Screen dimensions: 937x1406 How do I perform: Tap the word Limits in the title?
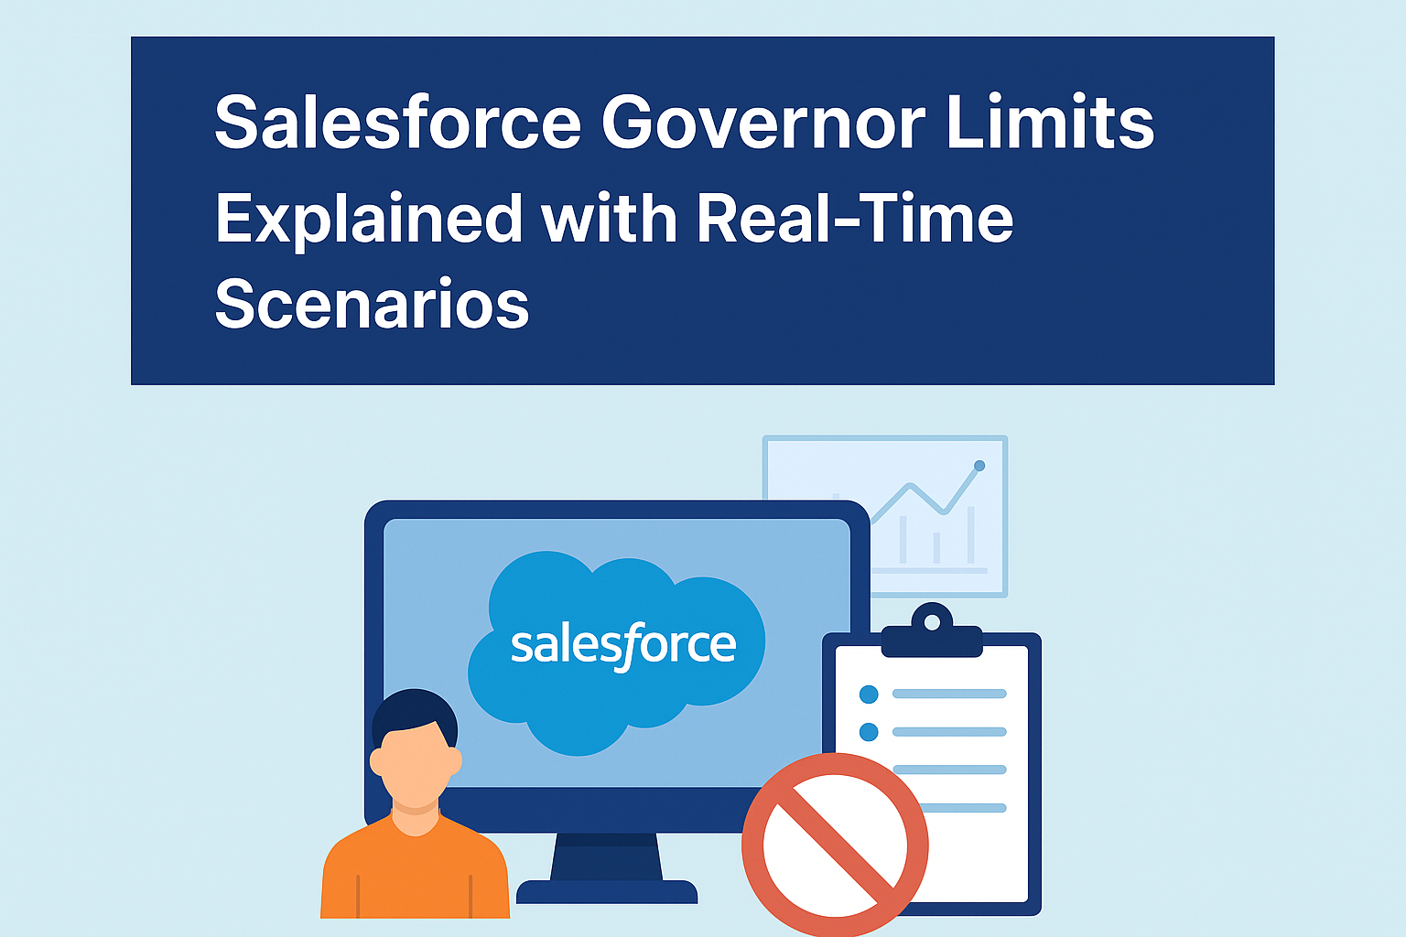[1050, 124]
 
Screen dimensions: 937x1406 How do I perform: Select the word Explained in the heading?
[368, 220]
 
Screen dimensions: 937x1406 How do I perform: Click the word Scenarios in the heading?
[372, 304]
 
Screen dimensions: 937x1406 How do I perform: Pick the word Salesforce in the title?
[398, 124]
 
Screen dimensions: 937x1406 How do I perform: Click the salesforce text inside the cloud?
[622, 646]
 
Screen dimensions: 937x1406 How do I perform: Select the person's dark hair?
[415, 712]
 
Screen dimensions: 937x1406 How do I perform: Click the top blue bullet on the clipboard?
[869, 695]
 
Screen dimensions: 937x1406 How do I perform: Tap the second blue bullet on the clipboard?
[869, 732]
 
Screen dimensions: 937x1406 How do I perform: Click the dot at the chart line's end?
[979, 466]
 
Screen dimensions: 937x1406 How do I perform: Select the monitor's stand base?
[607, 891]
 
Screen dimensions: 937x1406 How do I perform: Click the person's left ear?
[377, 761]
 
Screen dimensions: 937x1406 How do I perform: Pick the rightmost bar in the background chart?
[971, 534]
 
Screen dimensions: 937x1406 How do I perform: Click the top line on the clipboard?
[949, 695]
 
